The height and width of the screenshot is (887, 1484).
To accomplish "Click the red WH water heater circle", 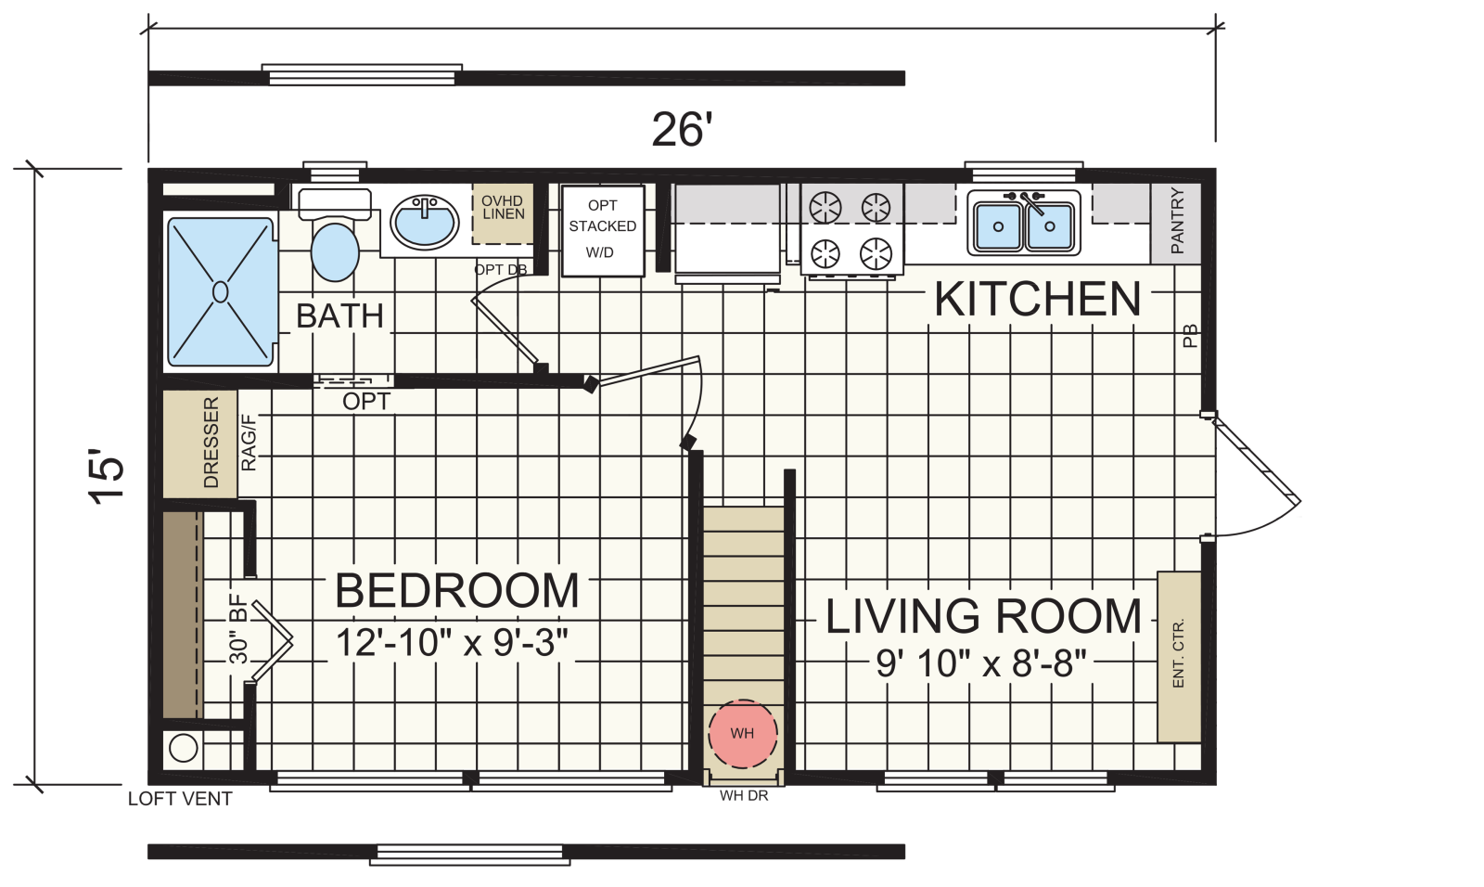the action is (743, 734).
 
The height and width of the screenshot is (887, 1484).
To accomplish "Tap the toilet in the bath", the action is (335, 235).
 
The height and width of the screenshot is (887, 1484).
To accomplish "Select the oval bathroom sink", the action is (424, 221).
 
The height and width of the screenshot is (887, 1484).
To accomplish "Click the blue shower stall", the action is (221, 292).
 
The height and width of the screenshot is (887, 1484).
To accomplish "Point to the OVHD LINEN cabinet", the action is (503, 213).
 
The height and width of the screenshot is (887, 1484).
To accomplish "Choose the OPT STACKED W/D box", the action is (603, 230).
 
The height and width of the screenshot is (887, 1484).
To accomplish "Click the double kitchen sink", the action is (1024, 223).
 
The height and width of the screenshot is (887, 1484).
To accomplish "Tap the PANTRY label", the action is (1177, 221).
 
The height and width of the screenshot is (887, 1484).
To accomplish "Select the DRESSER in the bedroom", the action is (200, 443).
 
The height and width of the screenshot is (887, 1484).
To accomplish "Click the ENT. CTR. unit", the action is (1179, 656).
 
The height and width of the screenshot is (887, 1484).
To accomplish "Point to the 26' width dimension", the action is (682, 129).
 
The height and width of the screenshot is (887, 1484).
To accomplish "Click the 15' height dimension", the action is (106, 478).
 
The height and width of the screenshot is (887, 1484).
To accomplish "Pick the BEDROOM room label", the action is (457, 591).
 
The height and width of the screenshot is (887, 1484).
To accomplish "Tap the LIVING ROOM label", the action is (984, 616).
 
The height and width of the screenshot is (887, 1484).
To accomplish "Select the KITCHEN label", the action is (1038, 300).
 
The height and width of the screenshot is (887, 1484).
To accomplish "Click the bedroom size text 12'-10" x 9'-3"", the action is (453, 642).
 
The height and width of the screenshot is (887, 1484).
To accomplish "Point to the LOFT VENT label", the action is (180, 799).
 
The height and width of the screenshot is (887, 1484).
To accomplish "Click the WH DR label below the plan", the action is (744, 795).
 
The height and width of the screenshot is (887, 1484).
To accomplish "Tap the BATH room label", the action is (339, 315).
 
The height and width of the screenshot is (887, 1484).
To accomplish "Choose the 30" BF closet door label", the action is (237, 628).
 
